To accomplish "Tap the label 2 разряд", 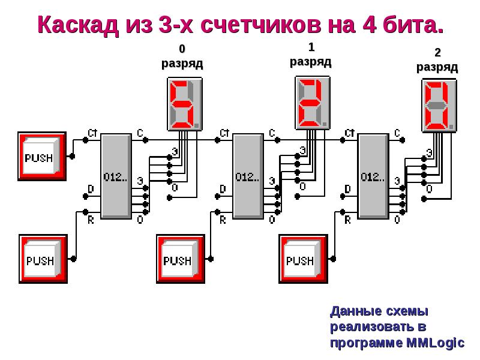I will point(437,60).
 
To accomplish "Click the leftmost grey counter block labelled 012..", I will point(115,176).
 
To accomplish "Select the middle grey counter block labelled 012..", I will point(247,176).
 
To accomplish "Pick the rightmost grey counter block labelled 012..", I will point(373,176).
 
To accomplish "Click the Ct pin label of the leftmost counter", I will point(92,133).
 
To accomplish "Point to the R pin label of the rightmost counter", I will point(347,220).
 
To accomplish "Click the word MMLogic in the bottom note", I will point(435,343).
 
